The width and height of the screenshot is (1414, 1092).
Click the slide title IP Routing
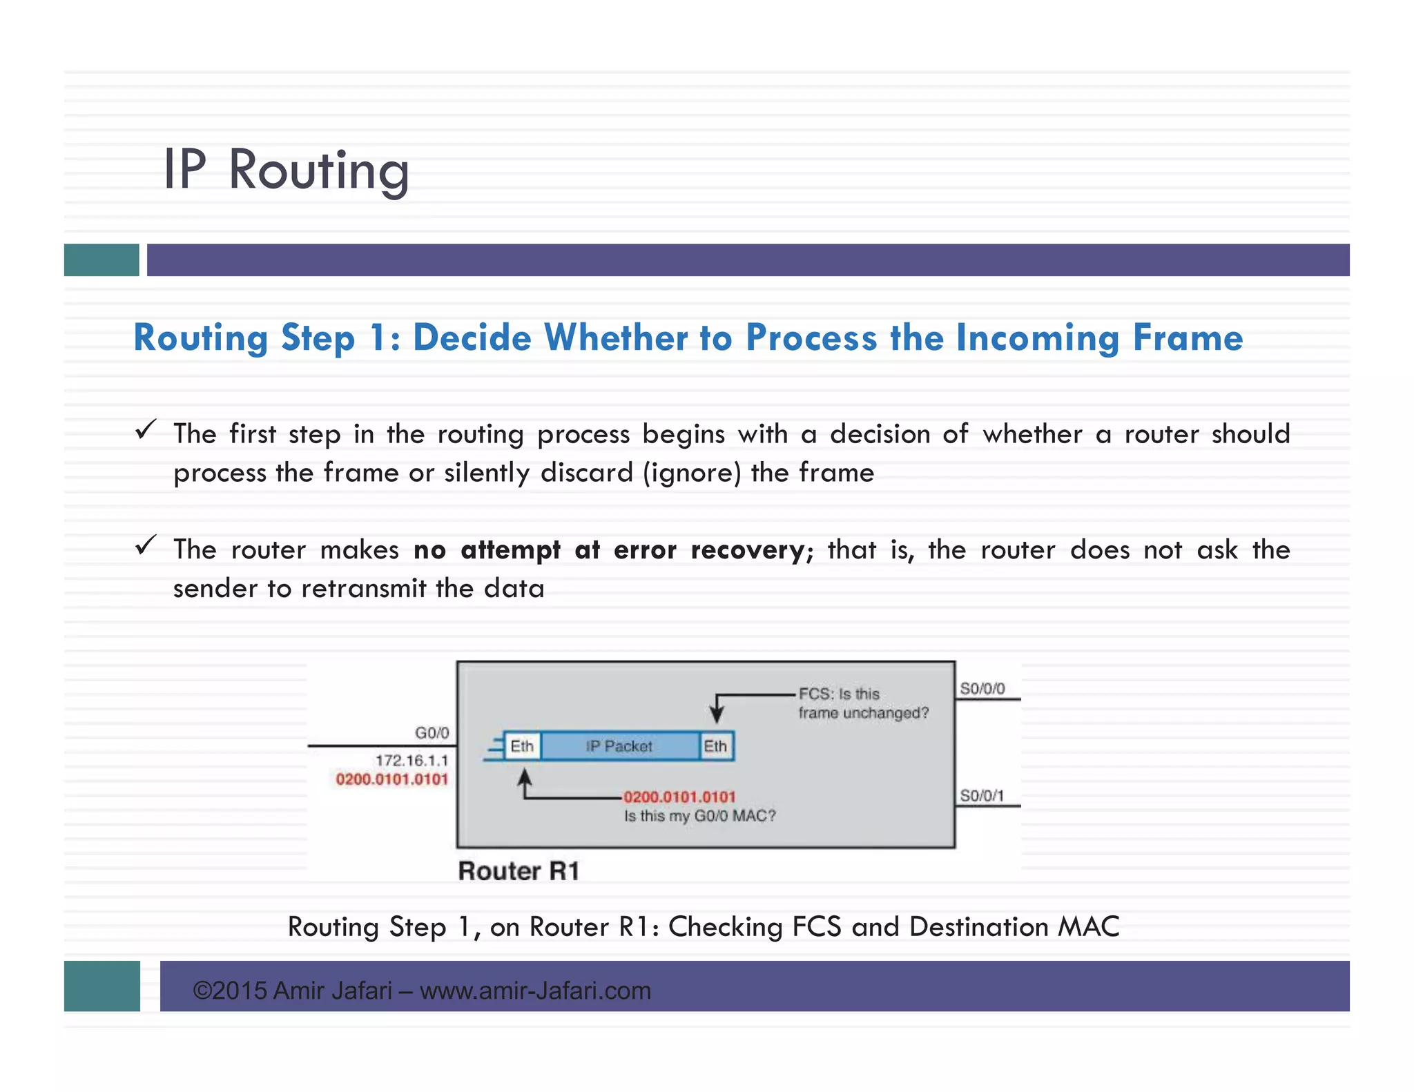(286, 170)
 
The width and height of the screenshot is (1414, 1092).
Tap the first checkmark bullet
(145, 430)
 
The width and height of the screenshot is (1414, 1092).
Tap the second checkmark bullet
(145, 546)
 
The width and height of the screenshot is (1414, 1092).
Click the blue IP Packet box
(619, 746)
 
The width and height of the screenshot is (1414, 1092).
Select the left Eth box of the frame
(522, 746)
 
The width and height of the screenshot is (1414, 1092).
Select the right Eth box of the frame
(715, 746)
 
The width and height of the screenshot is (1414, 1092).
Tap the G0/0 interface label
(432, 732)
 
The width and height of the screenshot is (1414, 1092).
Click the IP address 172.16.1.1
(411, 761)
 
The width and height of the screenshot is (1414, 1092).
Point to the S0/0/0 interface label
(982, 688)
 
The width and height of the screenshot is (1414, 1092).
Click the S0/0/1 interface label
(982, 796)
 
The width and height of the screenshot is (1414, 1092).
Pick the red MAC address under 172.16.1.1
(391, 779)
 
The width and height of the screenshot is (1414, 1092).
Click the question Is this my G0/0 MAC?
(699, 816)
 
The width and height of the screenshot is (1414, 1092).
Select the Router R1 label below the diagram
(519, 871)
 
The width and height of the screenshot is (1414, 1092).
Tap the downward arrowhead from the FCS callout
(717, 715)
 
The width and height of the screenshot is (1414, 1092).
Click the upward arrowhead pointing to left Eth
(525, 777)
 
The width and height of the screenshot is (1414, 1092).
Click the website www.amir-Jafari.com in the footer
(535, 991)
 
